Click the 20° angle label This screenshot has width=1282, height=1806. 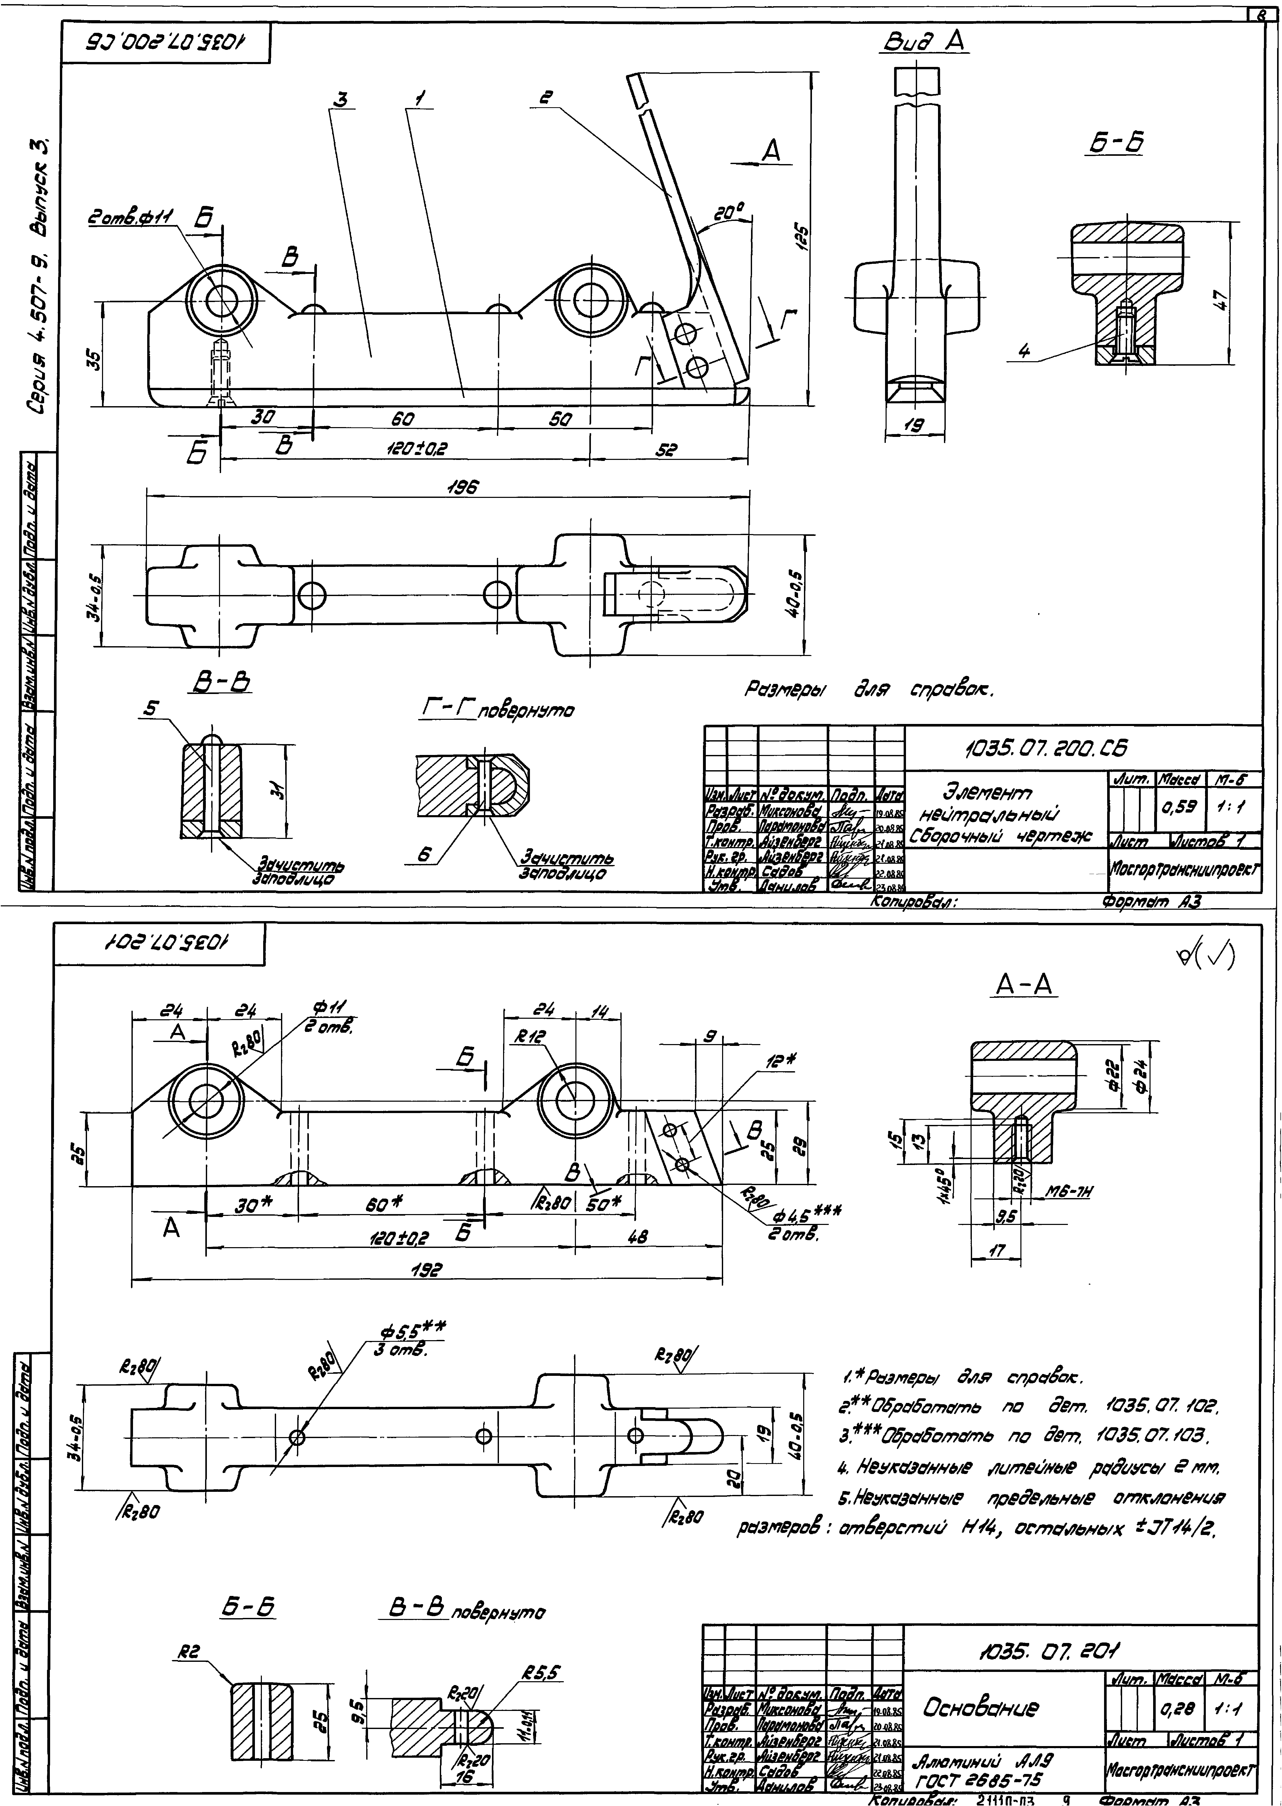tap(728, 213)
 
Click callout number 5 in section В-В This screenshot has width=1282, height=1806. tap(149, 709)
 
